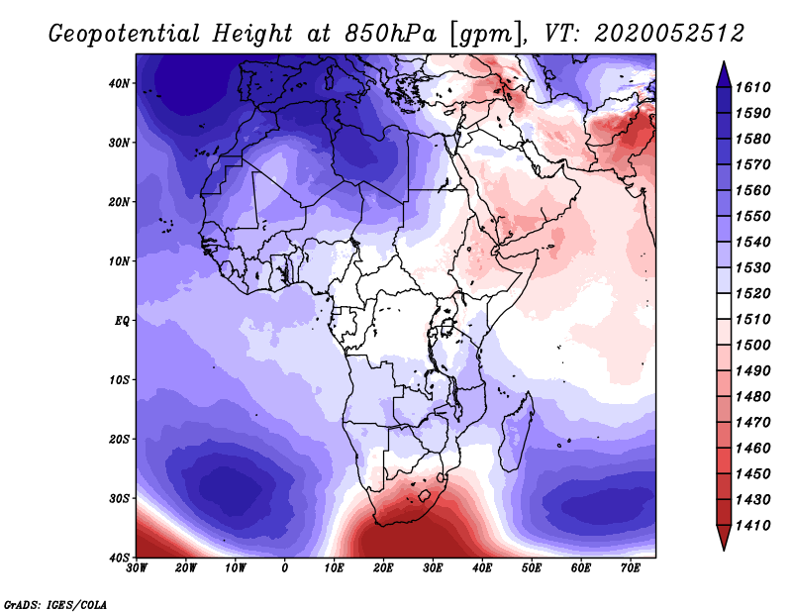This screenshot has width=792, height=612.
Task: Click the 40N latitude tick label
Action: [119, 83]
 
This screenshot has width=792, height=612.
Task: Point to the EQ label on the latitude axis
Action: [122, 321]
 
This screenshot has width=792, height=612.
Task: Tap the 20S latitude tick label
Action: [119, 439]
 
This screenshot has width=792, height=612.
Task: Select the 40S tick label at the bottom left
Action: [119, 558]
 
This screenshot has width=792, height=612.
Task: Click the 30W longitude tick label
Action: [137, 568]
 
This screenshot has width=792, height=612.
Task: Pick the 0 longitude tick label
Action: [285, 568]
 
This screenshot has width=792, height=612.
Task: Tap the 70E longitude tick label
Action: [631, 568]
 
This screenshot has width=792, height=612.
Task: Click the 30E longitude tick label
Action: [433, 568]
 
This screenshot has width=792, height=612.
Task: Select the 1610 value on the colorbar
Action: [753, 87]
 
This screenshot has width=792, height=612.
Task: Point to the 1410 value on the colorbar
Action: [753, 526]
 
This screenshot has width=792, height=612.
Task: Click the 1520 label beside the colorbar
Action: [753, 293]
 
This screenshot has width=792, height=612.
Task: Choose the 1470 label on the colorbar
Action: [753, 423]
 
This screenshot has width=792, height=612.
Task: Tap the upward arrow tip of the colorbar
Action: [724, 62]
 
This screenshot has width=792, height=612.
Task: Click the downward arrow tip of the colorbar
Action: [724, 550]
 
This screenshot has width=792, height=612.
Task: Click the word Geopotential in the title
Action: [125, 35]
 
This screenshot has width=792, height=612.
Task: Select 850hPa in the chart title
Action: [390, 34]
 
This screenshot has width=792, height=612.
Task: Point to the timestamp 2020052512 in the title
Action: [669, 34]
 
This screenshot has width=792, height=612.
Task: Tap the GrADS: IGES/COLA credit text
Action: [55, 604]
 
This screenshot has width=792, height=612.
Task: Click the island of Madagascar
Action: [516, 432]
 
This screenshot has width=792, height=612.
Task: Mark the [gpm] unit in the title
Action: [486, 35]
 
